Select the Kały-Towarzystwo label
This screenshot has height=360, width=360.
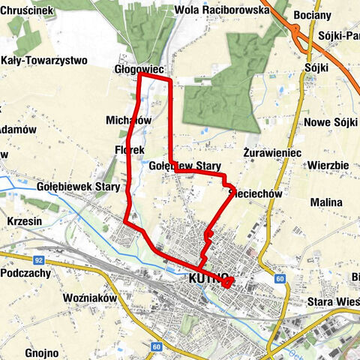(x=44, y=60)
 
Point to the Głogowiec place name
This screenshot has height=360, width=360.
(x=139, y=68)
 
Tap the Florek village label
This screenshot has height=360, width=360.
(x=130, y=150)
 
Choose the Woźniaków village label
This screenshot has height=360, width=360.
(x=91, y=298)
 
